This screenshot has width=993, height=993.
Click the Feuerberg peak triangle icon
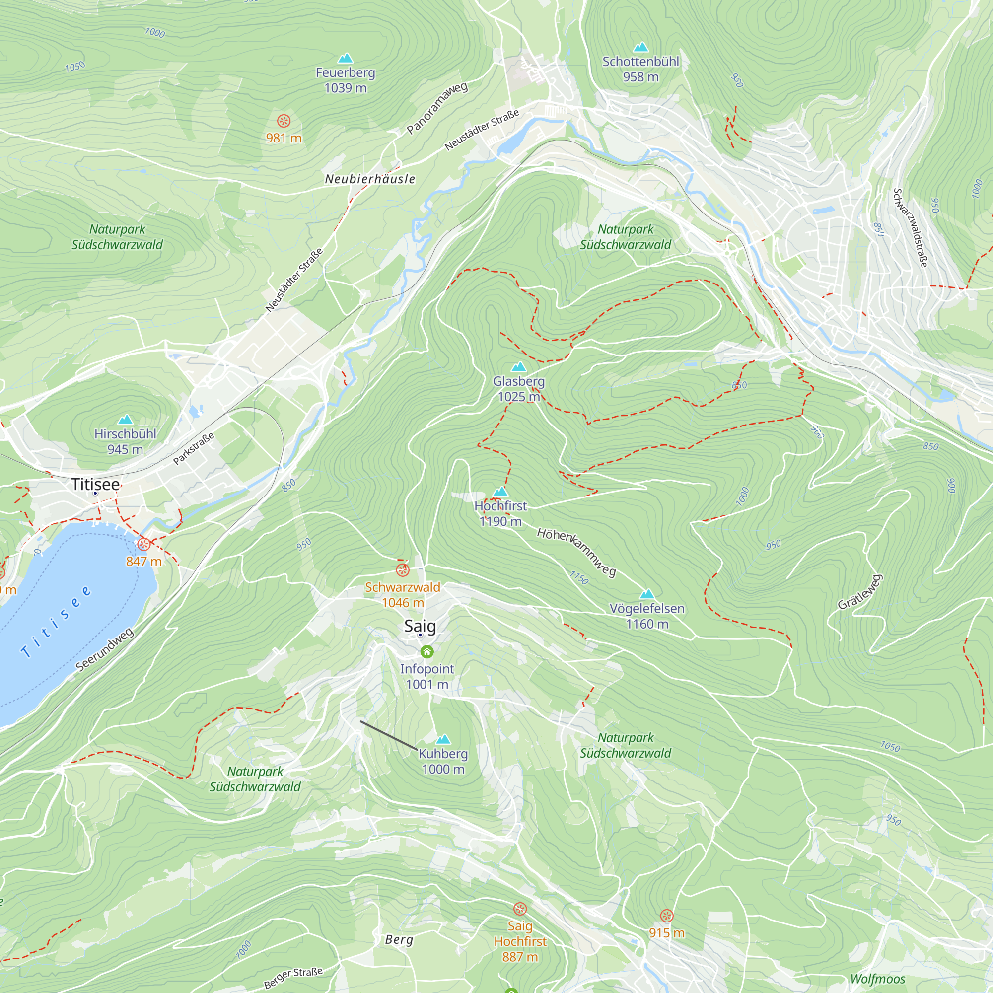(346, 58)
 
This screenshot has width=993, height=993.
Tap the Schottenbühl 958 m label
(640, 70)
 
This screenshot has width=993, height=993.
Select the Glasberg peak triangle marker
(519, 367)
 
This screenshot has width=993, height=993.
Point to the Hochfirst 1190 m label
(500, 513)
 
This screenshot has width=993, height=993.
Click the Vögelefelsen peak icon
(646, 595)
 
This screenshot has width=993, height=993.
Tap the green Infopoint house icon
(426, 652)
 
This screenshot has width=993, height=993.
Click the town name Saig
(420, 626)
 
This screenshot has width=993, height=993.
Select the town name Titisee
(96, 484)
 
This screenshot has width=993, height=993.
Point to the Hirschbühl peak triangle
(125, 420)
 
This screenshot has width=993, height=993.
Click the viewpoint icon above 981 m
(284, 121)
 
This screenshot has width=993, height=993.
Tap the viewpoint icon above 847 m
(144, 544)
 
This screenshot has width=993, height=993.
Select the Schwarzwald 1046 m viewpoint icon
(403, 569)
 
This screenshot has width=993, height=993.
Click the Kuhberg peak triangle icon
(443, 740)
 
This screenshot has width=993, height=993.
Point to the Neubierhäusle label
(370, 179)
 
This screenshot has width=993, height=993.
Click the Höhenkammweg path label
(576, 552)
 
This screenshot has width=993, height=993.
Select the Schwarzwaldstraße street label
(910, 228)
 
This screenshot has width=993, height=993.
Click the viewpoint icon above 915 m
(667, 915)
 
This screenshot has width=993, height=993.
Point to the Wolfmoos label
(877, 979)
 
